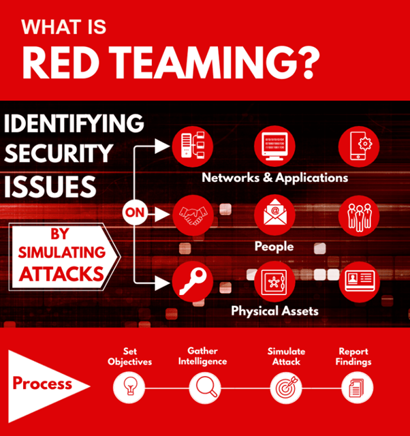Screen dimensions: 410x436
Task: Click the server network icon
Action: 192,146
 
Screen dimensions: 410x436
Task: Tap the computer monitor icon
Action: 274,146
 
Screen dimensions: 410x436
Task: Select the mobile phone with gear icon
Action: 359,146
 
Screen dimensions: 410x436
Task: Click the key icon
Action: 192,281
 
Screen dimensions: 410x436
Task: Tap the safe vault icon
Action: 274,281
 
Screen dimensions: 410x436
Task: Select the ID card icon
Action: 359,281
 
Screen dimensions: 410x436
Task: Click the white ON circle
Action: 135,213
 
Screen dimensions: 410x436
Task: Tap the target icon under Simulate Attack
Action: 286,388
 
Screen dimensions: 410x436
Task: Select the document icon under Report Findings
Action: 357,388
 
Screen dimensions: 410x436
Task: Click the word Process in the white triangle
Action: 42,383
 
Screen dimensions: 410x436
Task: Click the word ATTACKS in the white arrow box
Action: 61,274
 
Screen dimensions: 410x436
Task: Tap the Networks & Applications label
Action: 274,178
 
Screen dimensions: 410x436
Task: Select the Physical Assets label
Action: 274,311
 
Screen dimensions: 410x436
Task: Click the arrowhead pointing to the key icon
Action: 162,283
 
